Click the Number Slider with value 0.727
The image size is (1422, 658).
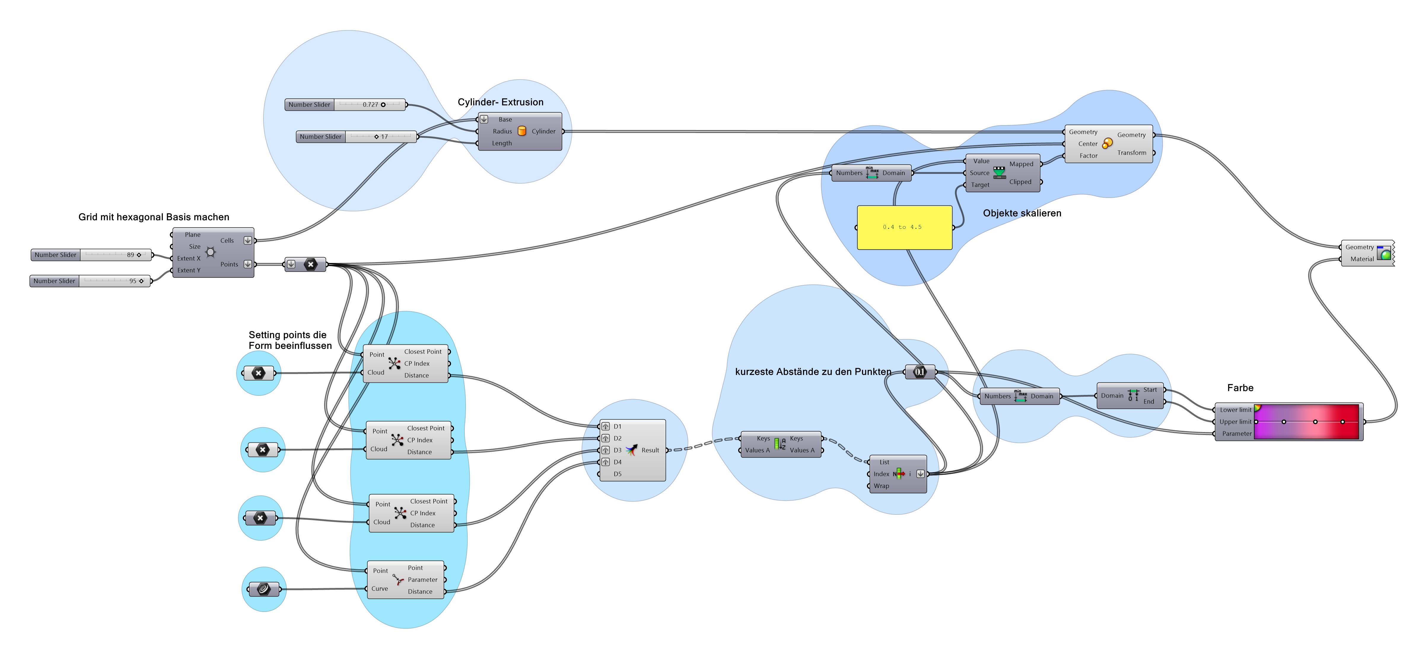tap(345, 105)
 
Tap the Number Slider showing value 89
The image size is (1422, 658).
tap(91, 255)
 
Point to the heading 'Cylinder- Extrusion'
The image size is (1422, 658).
tap(500, 102)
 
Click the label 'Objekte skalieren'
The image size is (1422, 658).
tap(1022, 213)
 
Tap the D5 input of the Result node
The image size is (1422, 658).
tap(617, 474)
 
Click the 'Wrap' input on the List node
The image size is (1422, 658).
tap(881, 486)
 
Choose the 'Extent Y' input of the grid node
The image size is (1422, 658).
tap(189, 270)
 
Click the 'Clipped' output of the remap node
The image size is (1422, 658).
tap(1020, 182)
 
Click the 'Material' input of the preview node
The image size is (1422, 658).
tap(1362, 259)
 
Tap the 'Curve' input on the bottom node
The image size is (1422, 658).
tap(379, 589)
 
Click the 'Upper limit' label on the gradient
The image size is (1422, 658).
tap(1235, 422)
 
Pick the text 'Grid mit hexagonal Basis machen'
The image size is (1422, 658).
tap(153, 217)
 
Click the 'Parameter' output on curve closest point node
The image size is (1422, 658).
tap(422, 580)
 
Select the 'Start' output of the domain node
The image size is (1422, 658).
tap(1150, 390)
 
